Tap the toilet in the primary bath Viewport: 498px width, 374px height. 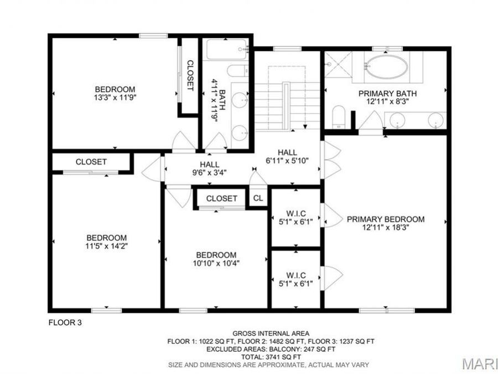340,117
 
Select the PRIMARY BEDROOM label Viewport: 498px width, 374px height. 386,219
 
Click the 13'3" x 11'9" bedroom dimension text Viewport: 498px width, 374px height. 115,97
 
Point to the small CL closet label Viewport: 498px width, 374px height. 258,198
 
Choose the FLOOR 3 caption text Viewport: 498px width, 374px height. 65,322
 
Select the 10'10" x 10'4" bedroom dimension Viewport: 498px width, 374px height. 216,263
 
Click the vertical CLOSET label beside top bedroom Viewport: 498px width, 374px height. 190,75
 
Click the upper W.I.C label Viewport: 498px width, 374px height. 296,214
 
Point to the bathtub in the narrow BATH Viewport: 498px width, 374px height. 226,50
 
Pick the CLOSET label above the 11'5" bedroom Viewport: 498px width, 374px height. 91,162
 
